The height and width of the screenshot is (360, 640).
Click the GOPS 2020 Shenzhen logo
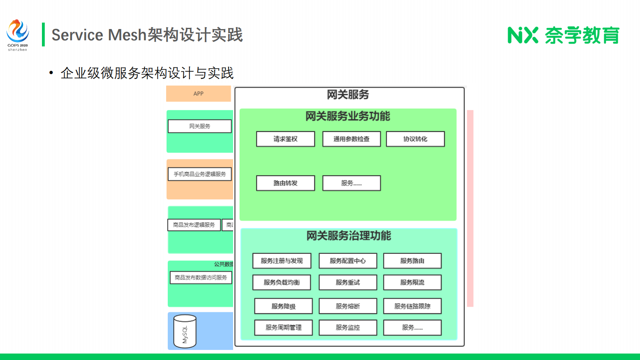point(18,35)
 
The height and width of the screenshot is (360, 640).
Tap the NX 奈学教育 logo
point(563,35)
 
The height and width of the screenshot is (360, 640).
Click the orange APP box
point(198,94)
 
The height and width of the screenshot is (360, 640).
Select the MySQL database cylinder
point(185,331)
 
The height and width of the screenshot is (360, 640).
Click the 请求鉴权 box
point(286,139)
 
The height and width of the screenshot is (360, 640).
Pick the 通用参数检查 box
point(351,139)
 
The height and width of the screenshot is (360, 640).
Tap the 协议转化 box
point(415,139)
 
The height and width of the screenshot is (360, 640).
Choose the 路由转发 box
point(286,183)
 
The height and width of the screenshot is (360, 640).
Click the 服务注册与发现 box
point(282,261)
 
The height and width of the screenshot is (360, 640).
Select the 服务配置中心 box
point(348,261)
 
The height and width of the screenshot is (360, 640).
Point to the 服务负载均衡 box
point(282,283)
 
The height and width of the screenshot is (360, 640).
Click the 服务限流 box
point(412,283)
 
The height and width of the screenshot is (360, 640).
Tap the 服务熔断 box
point(348,306)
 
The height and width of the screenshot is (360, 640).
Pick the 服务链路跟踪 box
point(412,306)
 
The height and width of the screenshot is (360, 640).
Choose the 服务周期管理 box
point(284,328)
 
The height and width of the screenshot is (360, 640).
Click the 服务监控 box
point(348,328)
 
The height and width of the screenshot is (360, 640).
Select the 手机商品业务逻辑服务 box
point(200,174)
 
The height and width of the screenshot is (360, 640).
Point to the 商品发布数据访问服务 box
point(201,278)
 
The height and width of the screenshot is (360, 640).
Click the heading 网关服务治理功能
point(349,236)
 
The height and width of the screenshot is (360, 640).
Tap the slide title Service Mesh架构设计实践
point(147,35)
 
